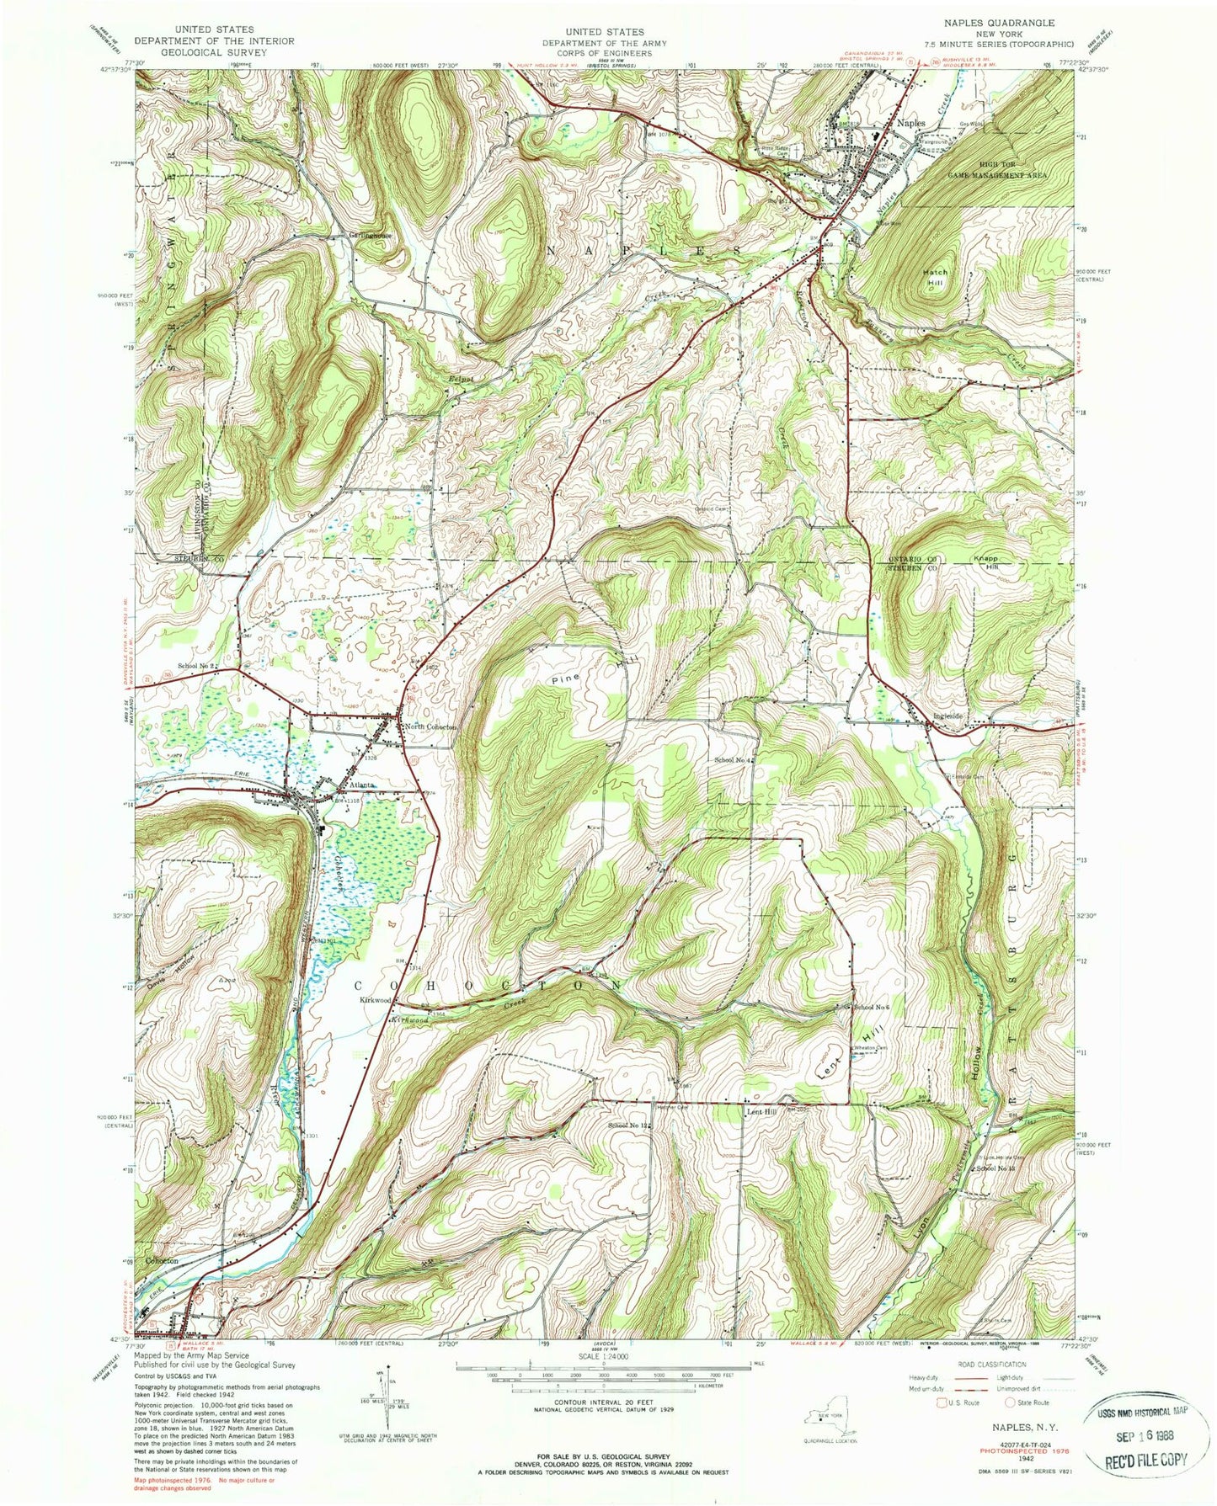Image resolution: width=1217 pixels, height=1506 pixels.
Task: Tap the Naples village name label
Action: click(x=911, y=123)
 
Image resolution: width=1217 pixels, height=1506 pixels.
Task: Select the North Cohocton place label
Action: click(x=430, y=727)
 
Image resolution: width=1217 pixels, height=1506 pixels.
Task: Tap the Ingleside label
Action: click(x=948, y=717)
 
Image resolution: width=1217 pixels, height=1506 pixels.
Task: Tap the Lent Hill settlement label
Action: click(x=761, y=1110)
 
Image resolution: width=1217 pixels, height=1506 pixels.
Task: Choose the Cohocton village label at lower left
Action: click(x=163, y=1261)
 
